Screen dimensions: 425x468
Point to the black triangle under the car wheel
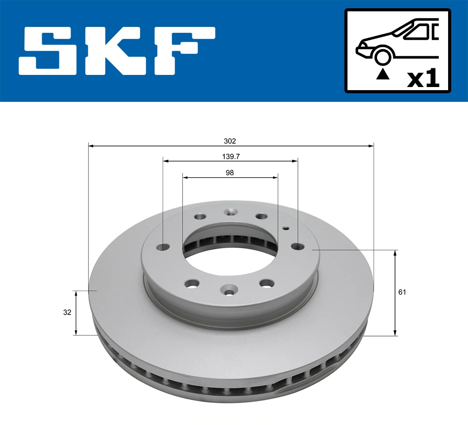(383, 74)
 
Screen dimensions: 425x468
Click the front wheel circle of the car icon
(383, 56)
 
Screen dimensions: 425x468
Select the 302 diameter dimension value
(230, 141)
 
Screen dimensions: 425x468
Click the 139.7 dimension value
(231, 156)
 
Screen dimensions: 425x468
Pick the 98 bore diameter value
(230, 172)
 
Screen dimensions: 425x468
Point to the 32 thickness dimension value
(67, 312)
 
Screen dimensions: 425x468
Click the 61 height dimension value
(402, 292)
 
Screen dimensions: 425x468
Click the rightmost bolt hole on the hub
(298, 246)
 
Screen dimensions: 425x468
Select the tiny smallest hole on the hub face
(285, 229)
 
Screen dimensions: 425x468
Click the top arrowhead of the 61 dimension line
(395, 253)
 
